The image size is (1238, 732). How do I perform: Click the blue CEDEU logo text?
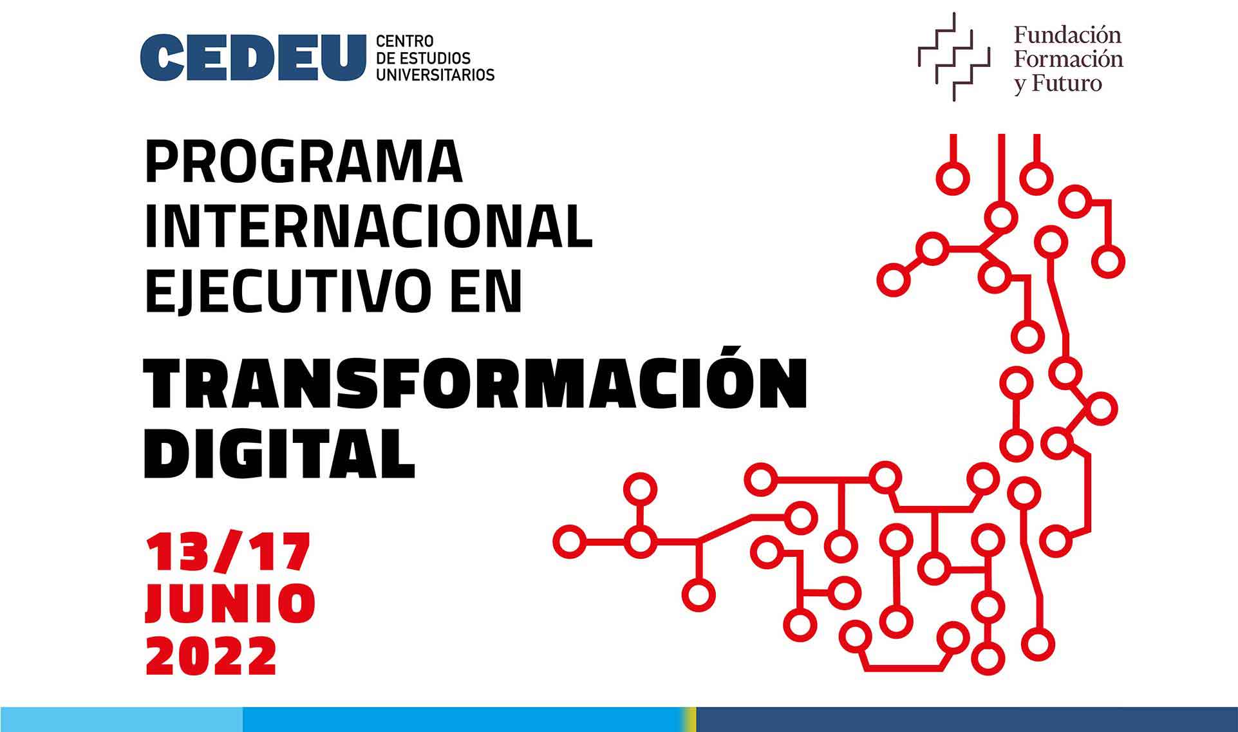coord(253,58)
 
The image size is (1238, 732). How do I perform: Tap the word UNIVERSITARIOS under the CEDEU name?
coord(435,75)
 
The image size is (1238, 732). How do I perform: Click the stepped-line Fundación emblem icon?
coord(953,57)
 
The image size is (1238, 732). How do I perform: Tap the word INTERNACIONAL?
coord(369,227)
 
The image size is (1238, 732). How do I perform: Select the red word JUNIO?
coord(230,603)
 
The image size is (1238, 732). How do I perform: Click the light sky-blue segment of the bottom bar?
coord(122,719)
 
